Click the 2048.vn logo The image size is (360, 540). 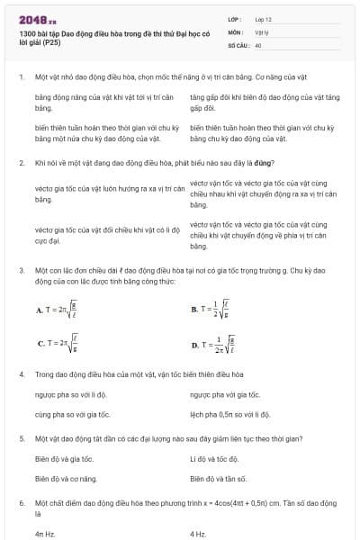(x=35, y=17)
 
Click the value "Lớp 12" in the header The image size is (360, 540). (x=263, y=17)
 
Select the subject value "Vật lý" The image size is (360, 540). (x=262, y=31)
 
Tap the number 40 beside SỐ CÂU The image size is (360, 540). (x=258, y=43)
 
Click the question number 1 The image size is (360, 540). (x=20, y=77)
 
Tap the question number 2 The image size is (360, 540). (x=20, y=163)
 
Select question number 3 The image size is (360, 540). (x=20, y=269)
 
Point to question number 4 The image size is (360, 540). (x=20, y=373)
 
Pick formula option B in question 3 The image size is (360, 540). (x=211, y=309)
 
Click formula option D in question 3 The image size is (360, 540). (x=214, y=344)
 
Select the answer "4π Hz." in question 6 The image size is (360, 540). (x=45, y=534)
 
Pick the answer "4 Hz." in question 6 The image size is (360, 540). (x=198, y=534)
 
